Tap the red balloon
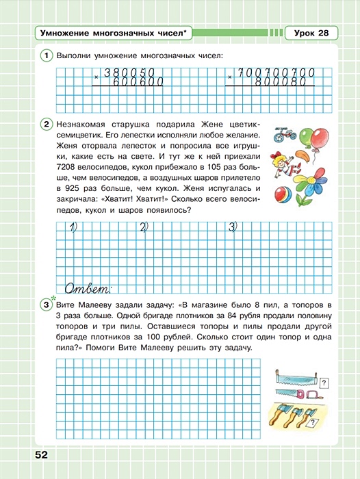point(318,137)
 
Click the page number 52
point(38,454)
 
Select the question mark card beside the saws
point(324,383)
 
